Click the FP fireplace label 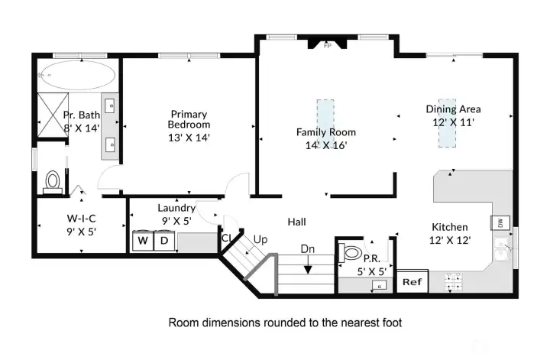click(327, 46)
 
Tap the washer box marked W click(143, 241)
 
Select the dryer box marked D click(164, 241)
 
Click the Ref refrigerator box click(412, 281)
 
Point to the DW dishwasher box click(500, 222)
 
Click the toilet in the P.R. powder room click(351, 252)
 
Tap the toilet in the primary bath click(53, 182)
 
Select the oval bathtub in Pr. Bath click(76, 75)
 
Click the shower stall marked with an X click(53, 115)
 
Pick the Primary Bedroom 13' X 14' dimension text click(189, 138)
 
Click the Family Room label click(326, 132)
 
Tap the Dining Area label click(453, 109)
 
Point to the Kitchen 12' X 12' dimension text click(450, 240)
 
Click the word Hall click(296, 222)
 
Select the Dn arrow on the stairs click(308, 265)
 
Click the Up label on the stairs click(260, 240)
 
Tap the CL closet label click(227, 238)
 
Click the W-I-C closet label click(82, 219)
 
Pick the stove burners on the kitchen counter click(454, 282)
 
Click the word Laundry click(176, 208)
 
